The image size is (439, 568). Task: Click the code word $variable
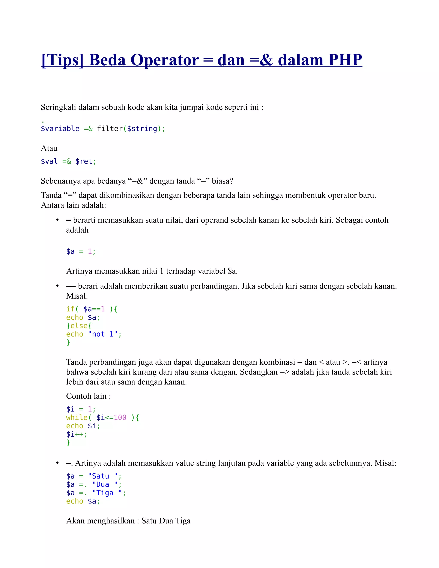[x=60, y=129]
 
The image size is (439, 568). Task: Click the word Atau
[x=49, y=149]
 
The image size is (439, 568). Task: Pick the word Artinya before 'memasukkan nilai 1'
[x=79, y=271]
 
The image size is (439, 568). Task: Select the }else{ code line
[x=79, y=326]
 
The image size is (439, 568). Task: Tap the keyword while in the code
[x=77, y=418]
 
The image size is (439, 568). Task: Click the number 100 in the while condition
[x=120, y=418]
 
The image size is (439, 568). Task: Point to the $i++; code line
[x=77, y=434]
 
